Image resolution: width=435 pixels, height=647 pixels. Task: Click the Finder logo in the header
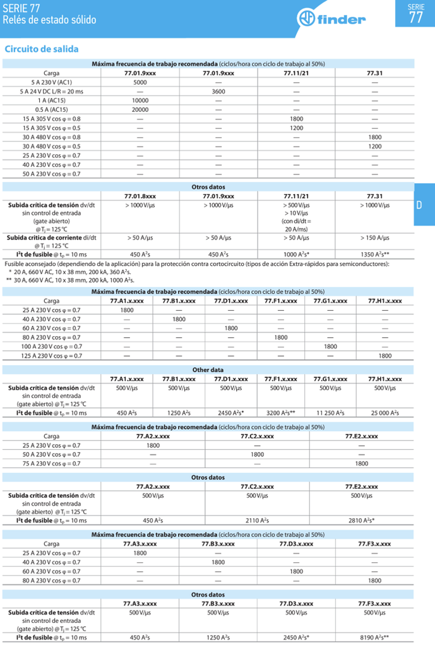coord(329,20)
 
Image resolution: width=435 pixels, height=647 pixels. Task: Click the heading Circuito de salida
coord(41,49)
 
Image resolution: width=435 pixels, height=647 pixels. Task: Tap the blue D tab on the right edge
coord(419,205)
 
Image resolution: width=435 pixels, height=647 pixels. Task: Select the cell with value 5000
coord(140,83)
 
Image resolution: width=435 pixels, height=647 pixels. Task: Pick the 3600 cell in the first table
coord(218,92)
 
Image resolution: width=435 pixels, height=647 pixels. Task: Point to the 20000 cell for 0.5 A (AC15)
coord(140,109)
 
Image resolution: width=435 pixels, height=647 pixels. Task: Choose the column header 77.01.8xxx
coord(140,196)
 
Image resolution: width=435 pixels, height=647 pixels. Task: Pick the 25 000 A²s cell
coord(384,413)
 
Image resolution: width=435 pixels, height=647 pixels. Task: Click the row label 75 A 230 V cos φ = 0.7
coord(52,463)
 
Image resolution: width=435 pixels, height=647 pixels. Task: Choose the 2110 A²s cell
coord(257,521)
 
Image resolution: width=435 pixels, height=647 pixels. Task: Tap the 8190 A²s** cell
coord(374,638)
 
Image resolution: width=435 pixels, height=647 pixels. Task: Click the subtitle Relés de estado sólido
coord(50,20)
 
